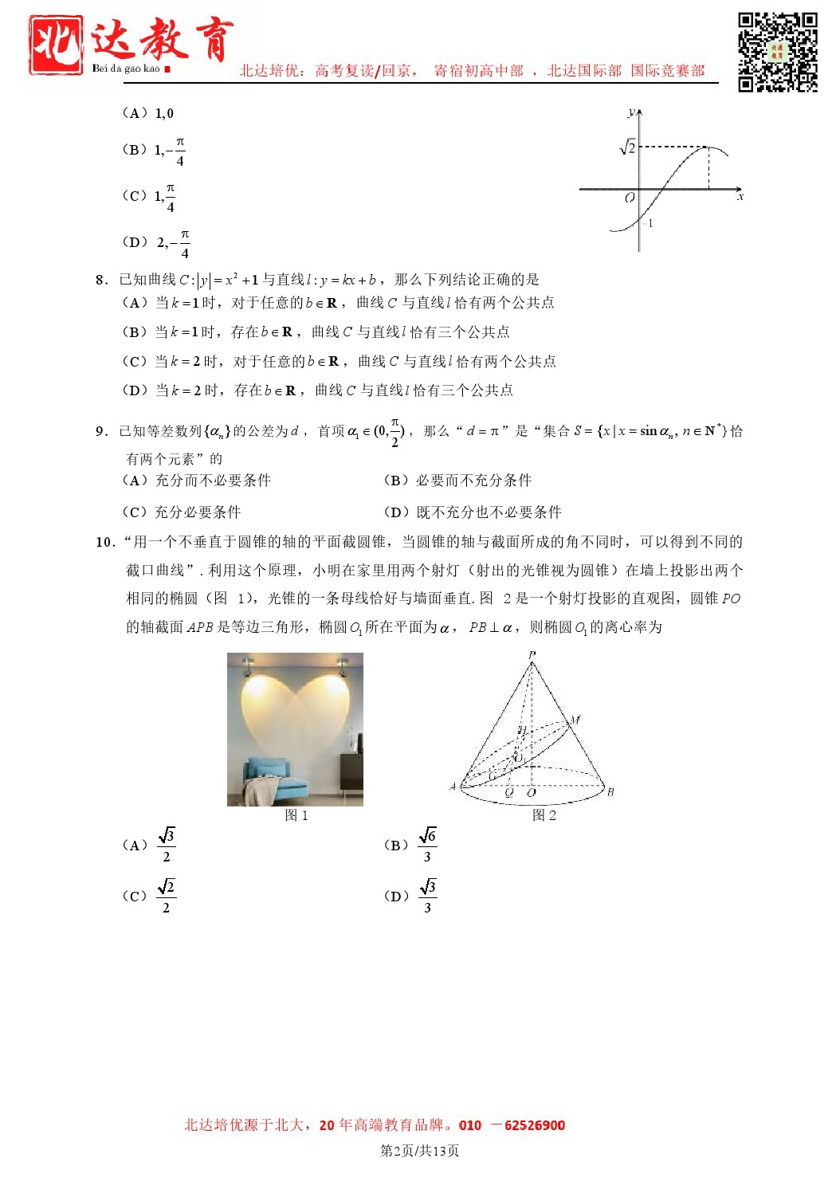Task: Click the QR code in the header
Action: pos(777,52)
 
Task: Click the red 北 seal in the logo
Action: pos(56,45)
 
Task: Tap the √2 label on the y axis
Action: pos(628,147)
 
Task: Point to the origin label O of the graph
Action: pos(630,198)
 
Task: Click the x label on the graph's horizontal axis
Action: pos(740,196)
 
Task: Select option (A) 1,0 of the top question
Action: pos(148,113)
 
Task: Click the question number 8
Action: pos(101,280)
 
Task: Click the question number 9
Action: pos(101,431)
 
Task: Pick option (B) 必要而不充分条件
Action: pos(457,480)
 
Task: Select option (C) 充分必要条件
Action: pos(182,512)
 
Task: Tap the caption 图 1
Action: pos(296,815)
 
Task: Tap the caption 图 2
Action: pos(544,815)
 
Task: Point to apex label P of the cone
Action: pos(532,655)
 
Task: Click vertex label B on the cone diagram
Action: pos(610,791)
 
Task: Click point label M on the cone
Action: pos(575,720)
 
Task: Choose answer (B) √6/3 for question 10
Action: pos(411,846)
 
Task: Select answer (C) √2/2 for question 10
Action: pos(150,896)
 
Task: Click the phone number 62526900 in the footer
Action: pos(535,1125)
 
